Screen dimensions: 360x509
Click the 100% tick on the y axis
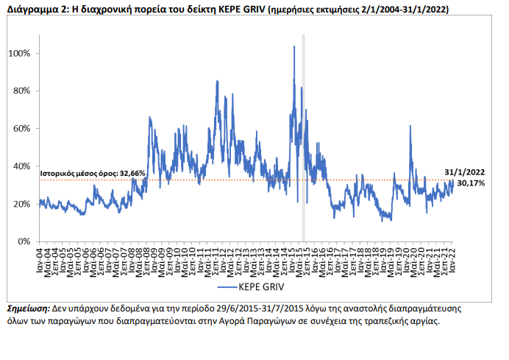[19, 54]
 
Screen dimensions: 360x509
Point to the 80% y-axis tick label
[21, 91]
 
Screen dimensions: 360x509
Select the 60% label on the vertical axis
[21, 129]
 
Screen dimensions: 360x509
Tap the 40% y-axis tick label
[21, 166]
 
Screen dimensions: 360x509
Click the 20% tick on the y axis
[21, 204]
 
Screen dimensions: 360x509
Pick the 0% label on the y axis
[24, 241]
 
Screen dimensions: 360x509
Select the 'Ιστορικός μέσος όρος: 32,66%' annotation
[93, 174]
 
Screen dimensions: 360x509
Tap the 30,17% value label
[471, 183]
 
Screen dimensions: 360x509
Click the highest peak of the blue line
[294, 46]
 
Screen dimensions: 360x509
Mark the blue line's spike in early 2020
[410, 126]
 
